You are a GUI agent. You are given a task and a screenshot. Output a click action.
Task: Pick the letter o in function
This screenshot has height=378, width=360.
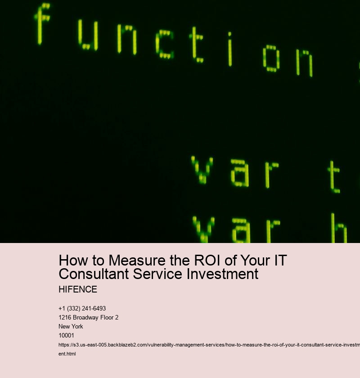pos(271,59)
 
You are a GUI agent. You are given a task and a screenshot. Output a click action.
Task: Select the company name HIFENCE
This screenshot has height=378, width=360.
pos(78,289)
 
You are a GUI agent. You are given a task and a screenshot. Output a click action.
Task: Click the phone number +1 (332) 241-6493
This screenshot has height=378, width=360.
pos(82,308)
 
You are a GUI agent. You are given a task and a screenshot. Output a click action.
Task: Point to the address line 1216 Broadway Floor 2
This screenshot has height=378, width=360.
pos(88,317)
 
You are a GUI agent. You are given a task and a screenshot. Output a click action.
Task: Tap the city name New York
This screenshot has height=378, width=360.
pos(71,326)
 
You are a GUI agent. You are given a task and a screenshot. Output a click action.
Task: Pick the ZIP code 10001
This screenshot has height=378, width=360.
pos(66,335)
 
